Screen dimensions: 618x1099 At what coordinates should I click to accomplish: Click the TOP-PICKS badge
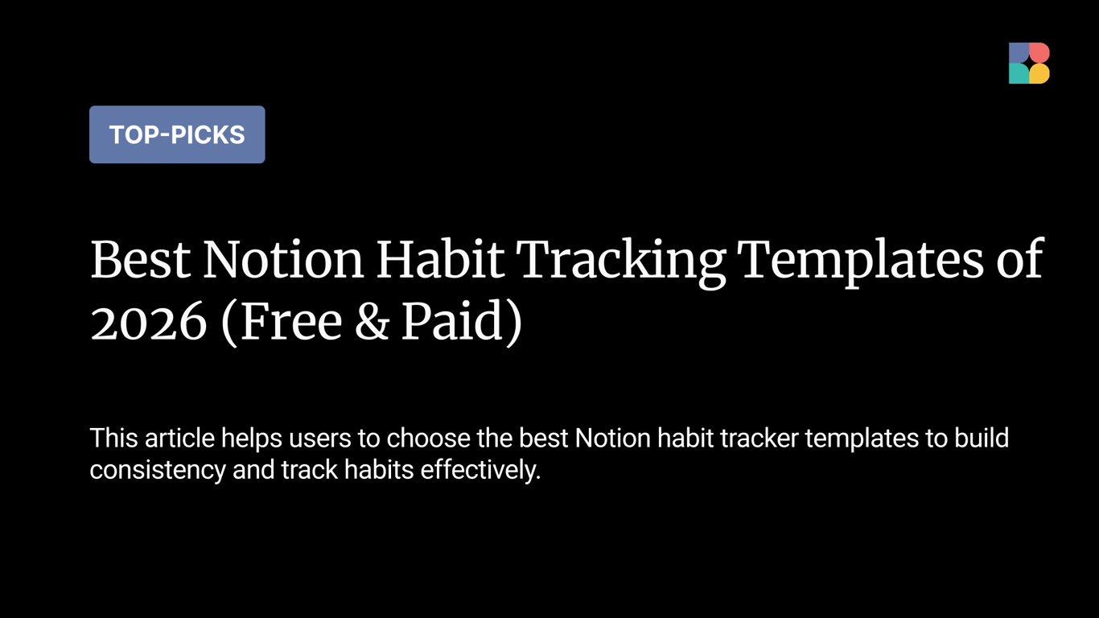click(x=177, y=134)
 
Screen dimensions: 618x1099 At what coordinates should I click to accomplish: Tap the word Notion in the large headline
click(x=282, y=260)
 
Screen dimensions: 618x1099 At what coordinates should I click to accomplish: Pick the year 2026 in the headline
click(x=148, y=323)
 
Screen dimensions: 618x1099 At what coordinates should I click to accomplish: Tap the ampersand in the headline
click(x=371, y=323)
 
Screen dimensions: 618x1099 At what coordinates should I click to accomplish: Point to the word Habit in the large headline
click(x=440, y=260)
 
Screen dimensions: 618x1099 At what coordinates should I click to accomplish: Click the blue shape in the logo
click(x=1019, y=53)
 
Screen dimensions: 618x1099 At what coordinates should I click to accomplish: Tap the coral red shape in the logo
click(x=1039, y=53)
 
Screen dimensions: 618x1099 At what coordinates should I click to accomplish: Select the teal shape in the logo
click(x=1019, y=74)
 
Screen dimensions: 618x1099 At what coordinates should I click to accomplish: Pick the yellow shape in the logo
click(x=1039, y=74)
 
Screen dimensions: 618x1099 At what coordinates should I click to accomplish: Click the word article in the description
click(x=179, y=439)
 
